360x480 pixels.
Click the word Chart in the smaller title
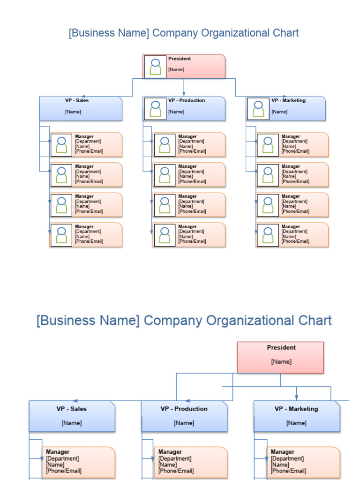(x=285, y=33)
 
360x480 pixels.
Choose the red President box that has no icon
(x=280, y=357)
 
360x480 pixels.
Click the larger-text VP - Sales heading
(x=72, y=409)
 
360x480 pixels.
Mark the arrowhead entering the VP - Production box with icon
(x=184, y=94)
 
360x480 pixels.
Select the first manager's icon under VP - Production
(x=165, y=145)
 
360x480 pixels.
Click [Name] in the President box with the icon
(x=176, y=69)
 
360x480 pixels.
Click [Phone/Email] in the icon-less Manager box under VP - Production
(x=176, y=471)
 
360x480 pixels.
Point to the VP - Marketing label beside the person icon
(x=288, y=100)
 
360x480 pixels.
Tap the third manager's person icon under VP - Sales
(x=61, y=205)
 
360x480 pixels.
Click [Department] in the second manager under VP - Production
(x=191, y=172)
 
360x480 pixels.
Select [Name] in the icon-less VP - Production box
(x=184, y=423)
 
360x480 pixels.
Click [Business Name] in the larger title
(x=88, y=321)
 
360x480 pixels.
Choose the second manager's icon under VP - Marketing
(x=268, y=175)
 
